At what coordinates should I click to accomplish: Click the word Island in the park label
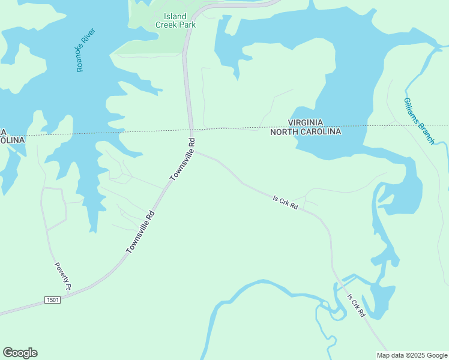(x=175, y=16)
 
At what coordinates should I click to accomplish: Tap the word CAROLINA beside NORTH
(x=322, y=132)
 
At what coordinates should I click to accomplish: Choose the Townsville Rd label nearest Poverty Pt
(x=140, y=232)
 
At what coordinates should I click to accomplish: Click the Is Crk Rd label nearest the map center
(x=285, y=202)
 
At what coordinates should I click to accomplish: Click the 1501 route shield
(x=52, y=299)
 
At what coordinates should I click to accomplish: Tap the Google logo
(x=20, y=353)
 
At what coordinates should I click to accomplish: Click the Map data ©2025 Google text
(x=412, y=355)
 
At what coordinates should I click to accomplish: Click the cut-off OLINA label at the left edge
(x=12, y=140)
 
